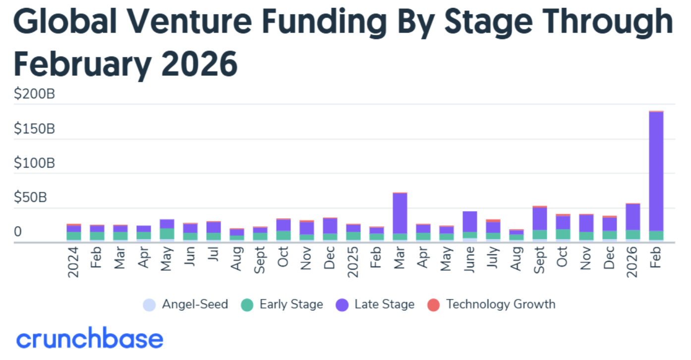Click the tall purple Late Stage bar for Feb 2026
coord(656,169)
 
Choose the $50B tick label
coord(30,197)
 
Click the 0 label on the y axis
coord(17,232)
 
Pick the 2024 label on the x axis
coord(73,263)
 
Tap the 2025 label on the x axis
coord(353,263)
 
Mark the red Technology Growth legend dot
coord(433,304)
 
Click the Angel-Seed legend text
coord(195,304)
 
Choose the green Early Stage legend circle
coord(247,304)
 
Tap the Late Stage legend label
coord(384,304)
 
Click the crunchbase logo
coord(90,339)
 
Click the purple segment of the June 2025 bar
coord(470,221)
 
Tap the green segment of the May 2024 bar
coord(167,234)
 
